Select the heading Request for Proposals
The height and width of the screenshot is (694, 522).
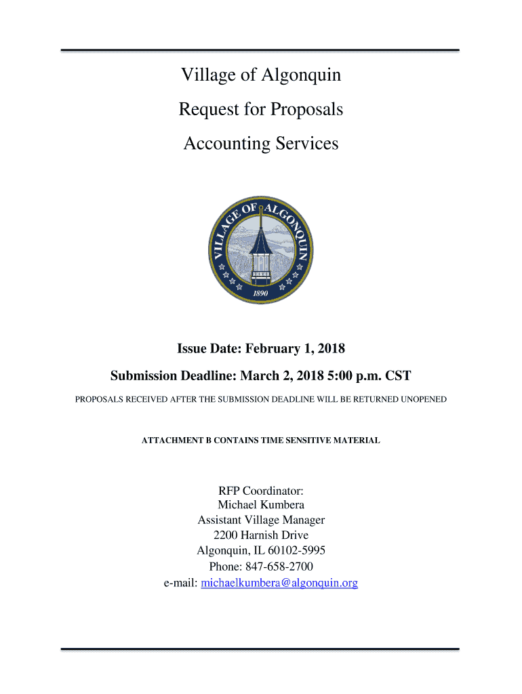tap(261, 109)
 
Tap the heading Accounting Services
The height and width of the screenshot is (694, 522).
tap(261, 144)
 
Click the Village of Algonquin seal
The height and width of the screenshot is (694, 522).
tap(261, 251)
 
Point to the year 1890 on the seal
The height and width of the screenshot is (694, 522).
tap(260, 293)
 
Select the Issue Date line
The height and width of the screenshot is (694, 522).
tap(261, 349)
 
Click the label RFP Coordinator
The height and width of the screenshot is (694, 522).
tap(261, 490)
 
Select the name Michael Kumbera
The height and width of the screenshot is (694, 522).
tap(261, 505)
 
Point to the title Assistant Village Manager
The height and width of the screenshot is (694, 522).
tap(261, 520)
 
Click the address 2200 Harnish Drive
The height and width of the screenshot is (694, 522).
tap(261, 535)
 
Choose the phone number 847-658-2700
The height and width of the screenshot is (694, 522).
tap(279, 567)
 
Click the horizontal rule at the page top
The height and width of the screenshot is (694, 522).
tap(261, 50)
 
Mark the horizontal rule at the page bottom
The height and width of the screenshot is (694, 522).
tap(261, 649)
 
